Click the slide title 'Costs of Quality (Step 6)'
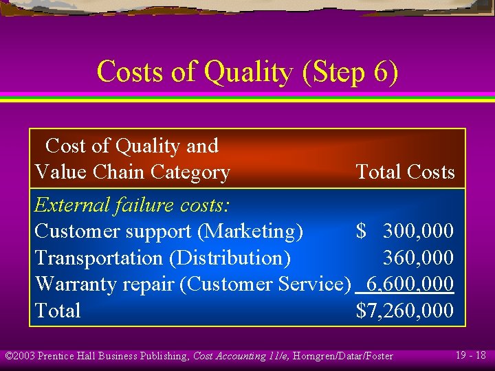tap(247, 71)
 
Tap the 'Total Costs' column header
tap(405, 172)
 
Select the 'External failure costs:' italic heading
tap(132, 205)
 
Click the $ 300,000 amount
tap(405, 232)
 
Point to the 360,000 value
tap(418, 258)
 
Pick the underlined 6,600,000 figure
tap(410, 284)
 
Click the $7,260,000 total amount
tap(405, 311)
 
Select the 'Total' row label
tap(58, 311)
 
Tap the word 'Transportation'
tap(99, 258)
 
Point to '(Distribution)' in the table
tap(230, 258)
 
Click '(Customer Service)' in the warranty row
tap(265, 284)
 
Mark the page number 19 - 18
tap(471, 355)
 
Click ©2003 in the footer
tap(20, 356)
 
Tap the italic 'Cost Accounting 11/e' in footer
tap(238, 356)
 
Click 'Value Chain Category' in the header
tap(132, 172)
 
